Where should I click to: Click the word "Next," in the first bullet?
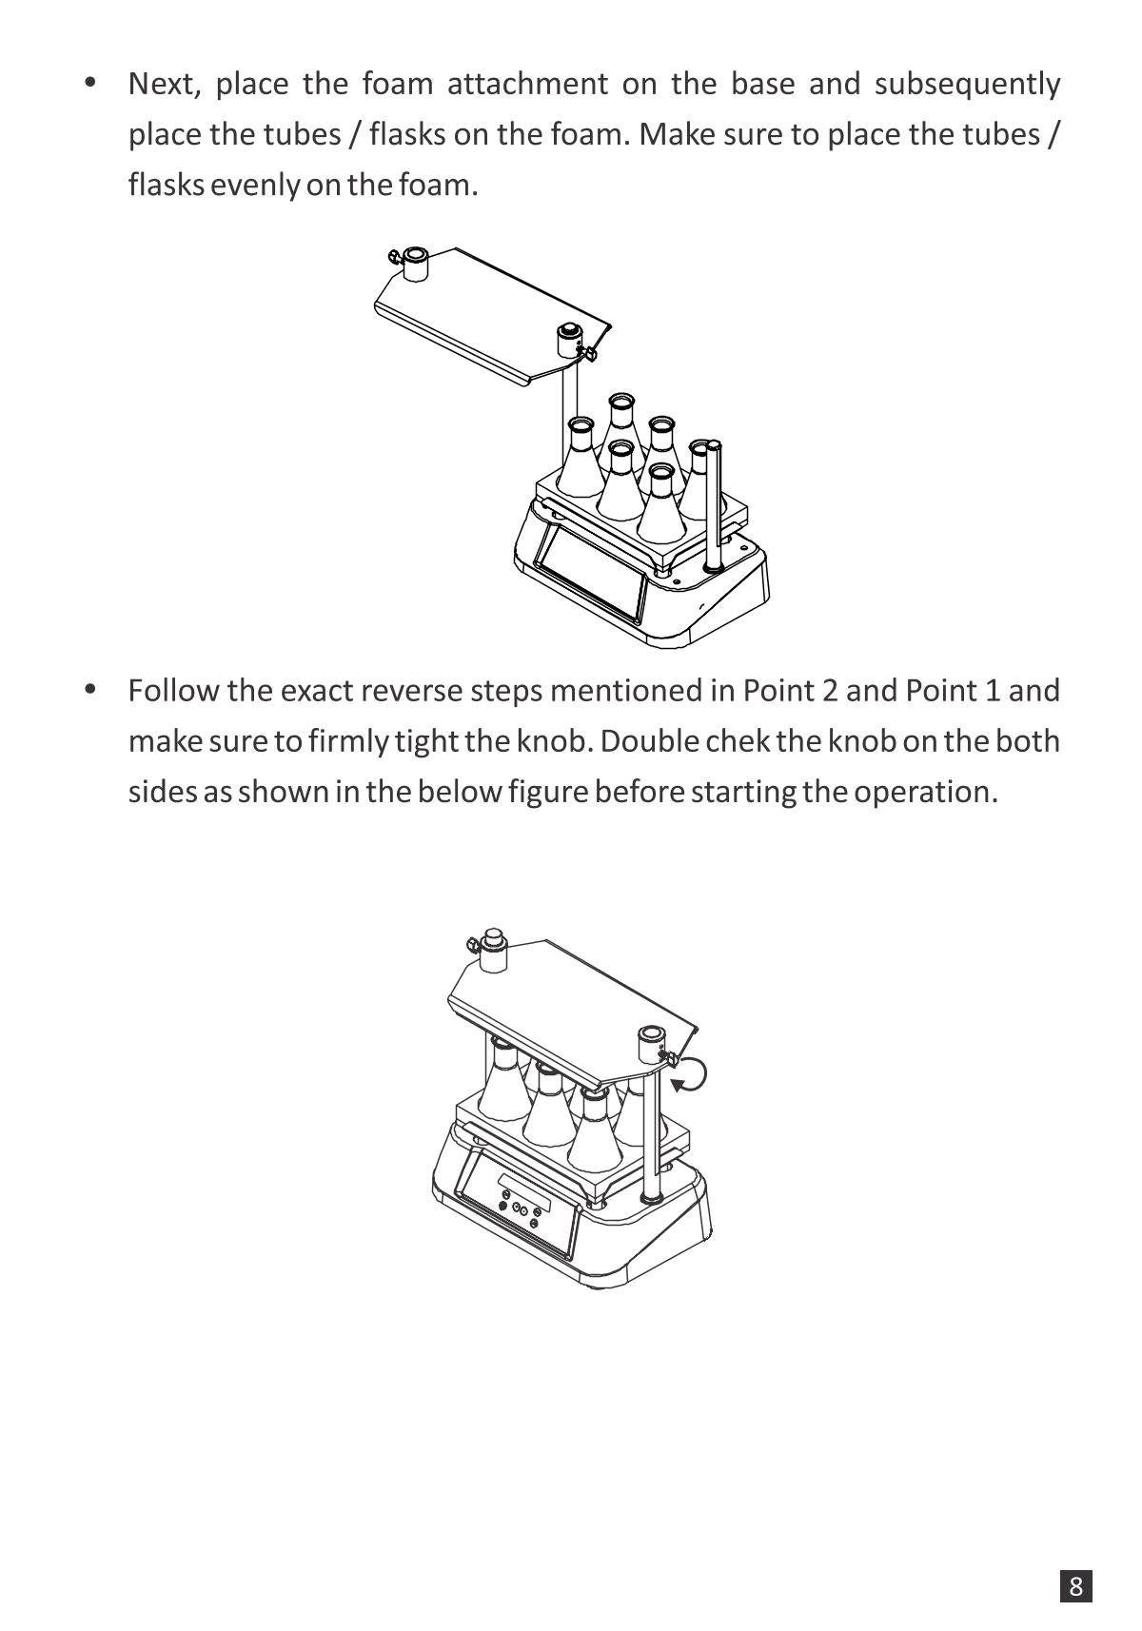click(x=165, y=85)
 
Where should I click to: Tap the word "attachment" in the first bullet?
click(x=527, y=84)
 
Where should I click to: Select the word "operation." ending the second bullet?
click(x=925, y=793)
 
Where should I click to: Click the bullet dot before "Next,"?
click(x=90, y=82)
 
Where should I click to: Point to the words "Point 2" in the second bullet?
click(x=790, y=691)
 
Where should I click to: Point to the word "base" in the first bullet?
click(x=762, y=84)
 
